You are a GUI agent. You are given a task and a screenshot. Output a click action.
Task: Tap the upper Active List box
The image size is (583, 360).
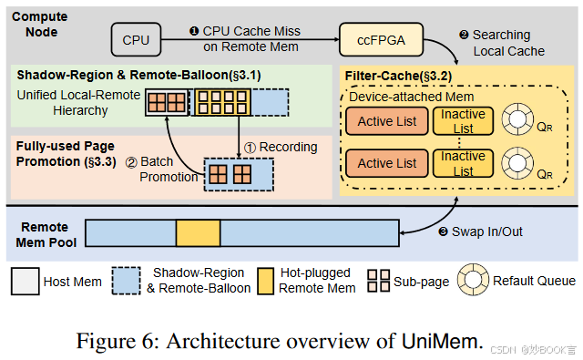coord(387,121)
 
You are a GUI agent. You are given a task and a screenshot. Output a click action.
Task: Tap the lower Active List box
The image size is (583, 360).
coord(387,163)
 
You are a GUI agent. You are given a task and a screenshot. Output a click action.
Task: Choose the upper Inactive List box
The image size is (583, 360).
coord(463,121)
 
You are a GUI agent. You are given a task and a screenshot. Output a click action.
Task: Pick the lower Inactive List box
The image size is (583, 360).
coord(463,163)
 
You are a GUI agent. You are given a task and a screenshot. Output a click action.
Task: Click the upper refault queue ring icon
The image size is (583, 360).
coord(522,121)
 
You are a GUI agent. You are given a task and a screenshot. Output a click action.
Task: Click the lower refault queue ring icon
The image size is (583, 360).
coord(522,163)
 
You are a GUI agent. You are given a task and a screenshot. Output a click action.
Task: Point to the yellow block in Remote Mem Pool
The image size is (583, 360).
coord(198,232)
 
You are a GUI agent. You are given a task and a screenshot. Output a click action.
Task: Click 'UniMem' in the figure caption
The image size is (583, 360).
coord(439,342)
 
